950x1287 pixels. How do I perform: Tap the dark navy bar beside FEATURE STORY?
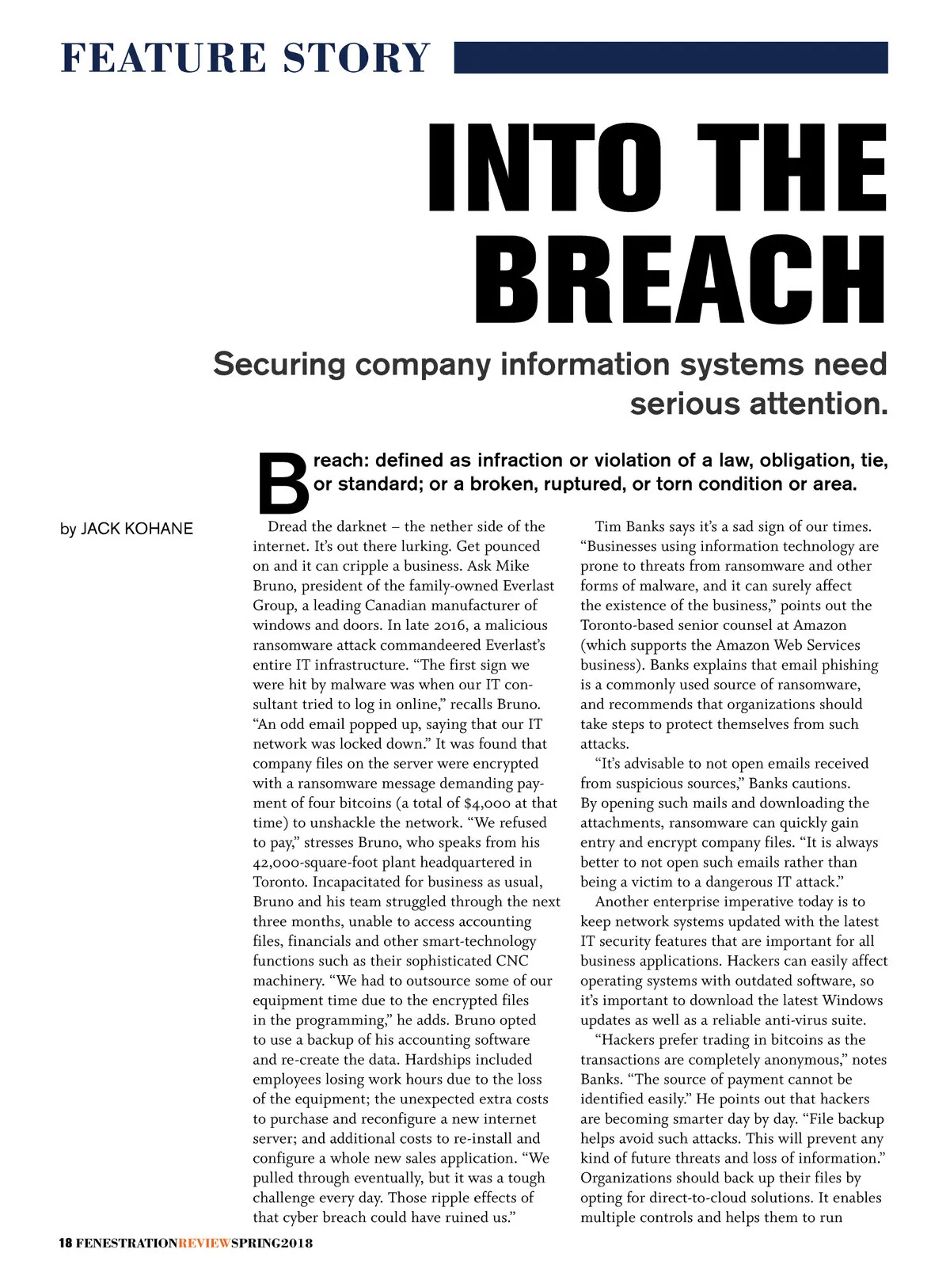[671, 58]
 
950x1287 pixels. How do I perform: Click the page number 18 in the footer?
[66, 1243]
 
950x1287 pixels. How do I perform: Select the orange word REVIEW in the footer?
[204, 1243]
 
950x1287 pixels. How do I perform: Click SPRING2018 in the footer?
[272, 1243]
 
